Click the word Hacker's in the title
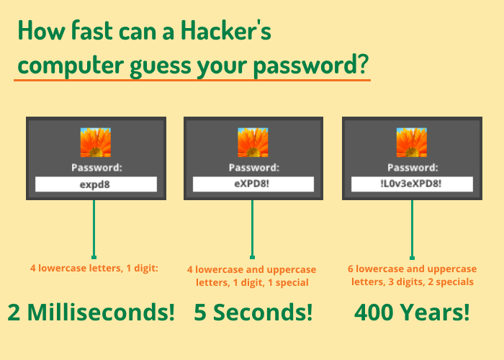point(226,30)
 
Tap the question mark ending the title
point(363,63)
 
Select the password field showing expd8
point(96,184)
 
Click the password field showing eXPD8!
point(253,184)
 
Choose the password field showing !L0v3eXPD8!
point(412,184)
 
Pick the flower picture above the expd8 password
point(96,143)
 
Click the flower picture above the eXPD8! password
point(253,143)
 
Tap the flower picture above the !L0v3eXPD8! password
point(412,143)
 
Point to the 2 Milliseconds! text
point(91,312)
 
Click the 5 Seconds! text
point(253,312)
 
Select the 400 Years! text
point(412,312)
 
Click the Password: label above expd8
point(96,168)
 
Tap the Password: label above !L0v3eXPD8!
point(413,168)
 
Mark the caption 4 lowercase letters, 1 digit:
point(94,268)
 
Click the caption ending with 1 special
point(252,276)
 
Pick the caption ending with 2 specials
point(413,275)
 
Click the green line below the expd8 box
point(94,229)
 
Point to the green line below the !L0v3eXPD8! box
point(412,230)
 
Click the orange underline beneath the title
point(192,80)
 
